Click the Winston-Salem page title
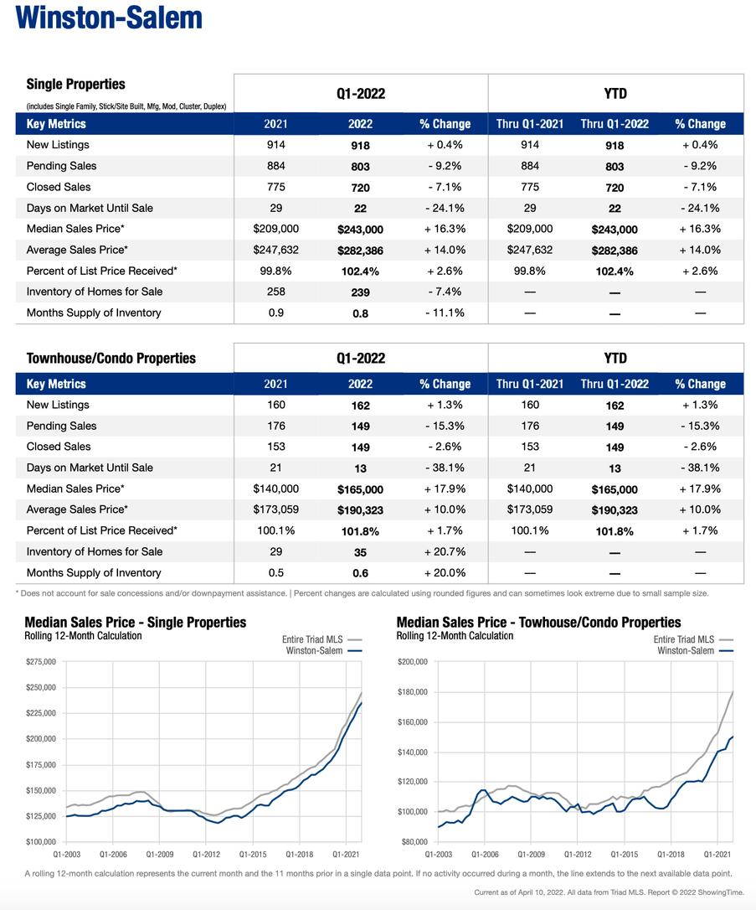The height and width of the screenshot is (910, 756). [109, 18]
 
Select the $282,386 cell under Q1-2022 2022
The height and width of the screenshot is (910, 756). [360, 251]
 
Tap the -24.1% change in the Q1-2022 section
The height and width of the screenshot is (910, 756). [444, 208]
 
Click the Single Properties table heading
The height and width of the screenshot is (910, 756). [76, 84]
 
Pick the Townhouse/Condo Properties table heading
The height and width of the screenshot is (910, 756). [111, 358]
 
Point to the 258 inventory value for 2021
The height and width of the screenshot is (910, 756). [275, 292]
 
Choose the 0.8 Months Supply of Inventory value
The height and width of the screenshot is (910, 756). [360, 313]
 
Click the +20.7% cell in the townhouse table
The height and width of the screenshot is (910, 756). [444, 551]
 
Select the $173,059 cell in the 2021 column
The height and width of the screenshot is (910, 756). [275, 509]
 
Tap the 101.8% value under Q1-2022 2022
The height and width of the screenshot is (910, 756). [360, 531]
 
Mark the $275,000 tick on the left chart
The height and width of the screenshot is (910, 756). [41, 662]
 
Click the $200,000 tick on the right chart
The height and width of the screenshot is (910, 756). [413, 662]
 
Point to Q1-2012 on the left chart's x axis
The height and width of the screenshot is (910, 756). [206, 854]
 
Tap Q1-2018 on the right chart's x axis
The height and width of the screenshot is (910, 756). [670, 854]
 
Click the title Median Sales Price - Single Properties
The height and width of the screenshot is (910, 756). [136, 623]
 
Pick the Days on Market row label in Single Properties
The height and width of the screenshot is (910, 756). [90, 208]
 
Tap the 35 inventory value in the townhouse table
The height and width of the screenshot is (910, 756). [360, 552]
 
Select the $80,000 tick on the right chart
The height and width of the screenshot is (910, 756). [415, 841]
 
